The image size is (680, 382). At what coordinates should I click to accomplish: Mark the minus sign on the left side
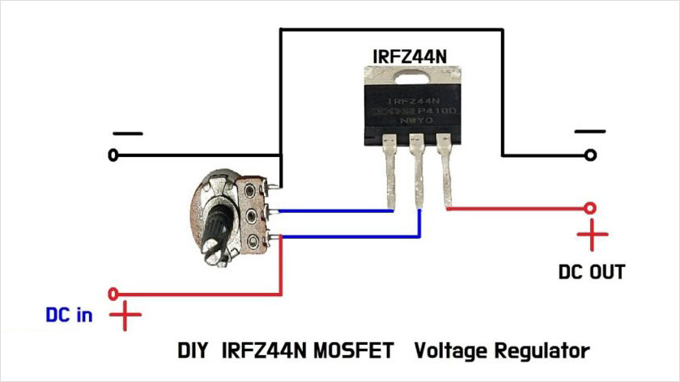click(127, 133)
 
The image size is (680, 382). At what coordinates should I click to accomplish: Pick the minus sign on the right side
click(589, 131)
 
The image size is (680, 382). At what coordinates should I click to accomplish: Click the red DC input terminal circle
click(113, 293)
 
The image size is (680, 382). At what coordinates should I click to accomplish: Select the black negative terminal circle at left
click(112, 154)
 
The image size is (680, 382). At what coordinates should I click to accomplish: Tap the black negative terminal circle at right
click(593, 154)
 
